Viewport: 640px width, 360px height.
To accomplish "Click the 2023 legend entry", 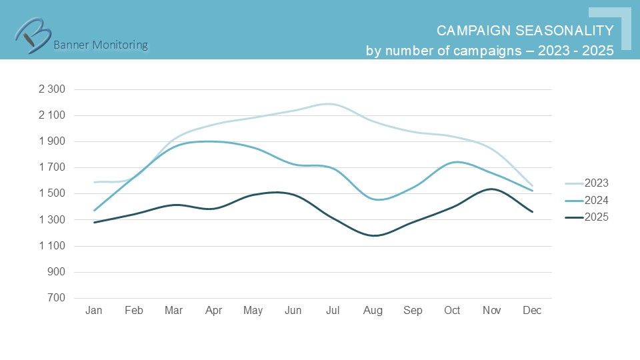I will (x=596, y=183).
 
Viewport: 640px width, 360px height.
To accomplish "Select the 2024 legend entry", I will (x=596, y=200).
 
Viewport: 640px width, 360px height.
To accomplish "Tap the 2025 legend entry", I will (x=596, y=217).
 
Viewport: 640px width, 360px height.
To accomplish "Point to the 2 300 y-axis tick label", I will (x=52, y=89).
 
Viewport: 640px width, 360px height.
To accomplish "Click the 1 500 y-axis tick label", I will (x=52, y=194).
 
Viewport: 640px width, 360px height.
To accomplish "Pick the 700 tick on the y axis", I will (x=56, y=298).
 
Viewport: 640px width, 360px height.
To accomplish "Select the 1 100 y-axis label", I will (x=52, y=246).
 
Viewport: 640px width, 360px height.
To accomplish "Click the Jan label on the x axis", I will (x=95, y=311).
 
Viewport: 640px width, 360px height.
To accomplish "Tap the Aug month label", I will (x=373, y=311).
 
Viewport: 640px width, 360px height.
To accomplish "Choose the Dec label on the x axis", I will (x=532, y=311).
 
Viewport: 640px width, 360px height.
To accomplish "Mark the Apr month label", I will (x=213, y=311).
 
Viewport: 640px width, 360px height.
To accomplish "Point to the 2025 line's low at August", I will (x=374, y=235).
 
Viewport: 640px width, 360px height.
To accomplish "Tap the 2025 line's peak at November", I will (x=491, y=189).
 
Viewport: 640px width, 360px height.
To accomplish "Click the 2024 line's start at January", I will (x=95, y=211).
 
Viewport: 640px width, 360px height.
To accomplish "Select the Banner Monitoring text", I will (x=100, y=45).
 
